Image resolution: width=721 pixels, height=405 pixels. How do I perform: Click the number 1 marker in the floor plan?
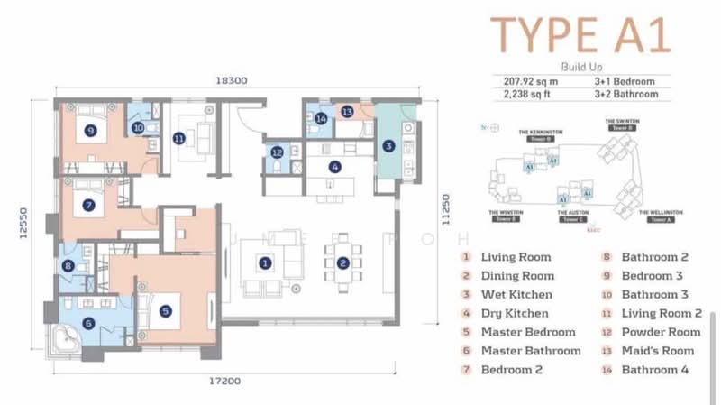tap(265, 263)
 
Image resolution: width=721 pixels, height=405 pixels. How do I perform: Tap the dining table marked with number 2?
tap(342, 263)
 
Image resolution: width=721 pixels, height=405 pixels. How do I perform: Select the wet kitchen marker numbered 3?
tap(388, 145)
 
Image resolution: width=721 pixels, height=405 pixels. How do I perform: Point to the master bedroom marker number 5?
tap(166, 311)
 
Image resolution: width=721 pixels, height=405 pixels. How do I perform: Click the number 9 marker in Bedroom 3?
tap(89, 130)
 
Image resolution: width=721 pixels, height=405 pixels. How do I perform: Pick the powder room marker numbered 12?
tap(277, 152)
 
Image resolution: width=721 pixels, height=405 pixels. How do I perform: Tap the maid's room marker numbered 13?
tap(347, 111)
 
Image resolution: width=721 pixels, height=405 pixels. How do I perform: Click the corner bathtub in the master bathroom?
tap(62, 339)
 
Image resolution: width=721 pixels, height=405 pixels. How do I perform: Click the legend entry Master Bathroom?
tap(530, 351)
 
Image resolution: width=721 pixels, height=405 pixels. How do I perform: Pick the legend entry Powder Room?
tap(661, 332)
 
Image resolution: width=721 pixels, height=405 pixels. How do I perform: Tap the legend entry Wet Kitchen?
tap(517, 294)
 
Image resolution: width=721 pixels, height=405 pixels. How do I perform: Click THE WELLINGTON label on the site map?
tap(662, 212)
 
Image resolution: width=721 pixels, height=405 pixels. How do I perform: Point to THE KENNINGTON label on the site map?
tap(541, 131)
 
